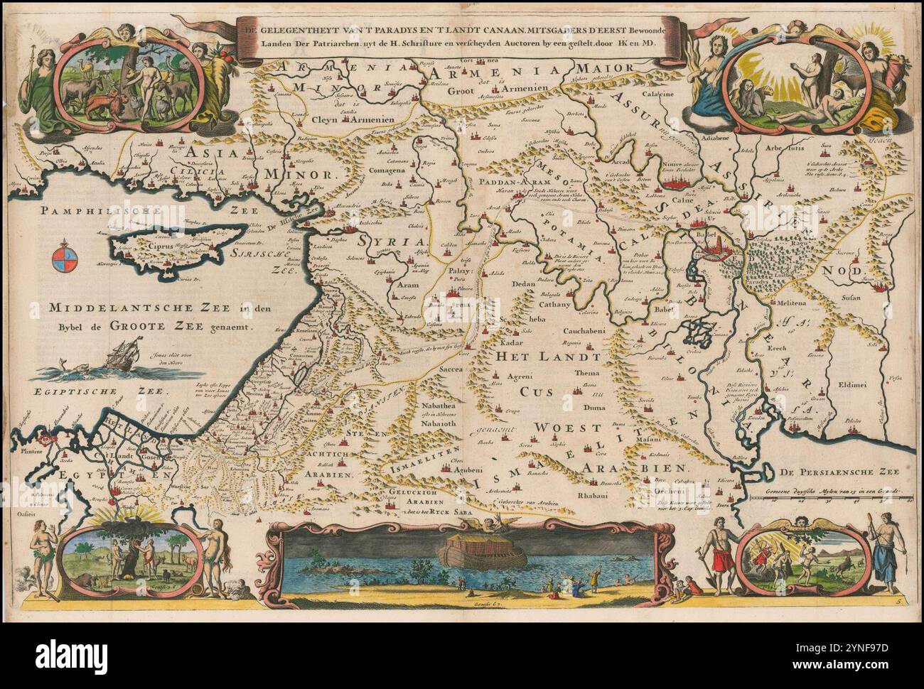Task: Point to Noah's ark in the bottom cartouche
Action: coord(483,550)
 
